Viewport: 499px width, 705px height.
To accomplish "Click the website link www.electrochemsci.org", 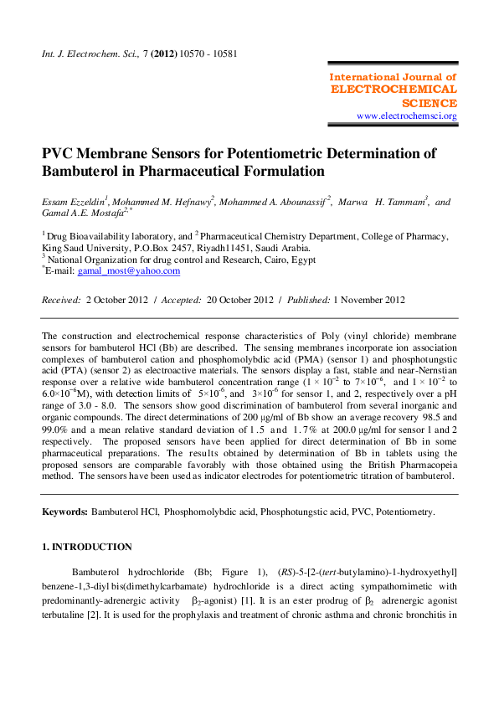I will [x=406, y=116].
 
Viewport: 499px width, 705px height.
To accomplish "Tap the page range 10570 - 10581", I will [x=207, y=54].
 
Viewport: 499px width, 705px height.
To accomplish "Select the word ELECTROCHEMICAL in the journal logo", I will [x=394, y=90].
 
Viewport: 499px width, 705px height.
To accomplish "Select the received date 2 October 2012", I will [x=116, y=300].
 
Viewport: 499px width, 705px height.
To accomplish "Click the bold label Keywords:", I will [x=64, y=511].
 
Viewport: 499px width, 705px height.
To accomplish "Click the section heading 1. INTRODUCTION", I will [x=86, y=548].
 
